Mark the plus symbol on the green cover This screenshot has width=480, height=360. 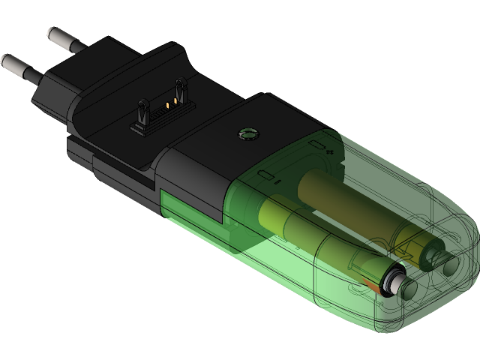330,151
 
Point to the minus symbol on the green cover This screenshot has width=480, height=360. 278,181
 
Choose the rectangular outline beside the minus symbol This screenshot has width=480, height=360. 266,175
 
